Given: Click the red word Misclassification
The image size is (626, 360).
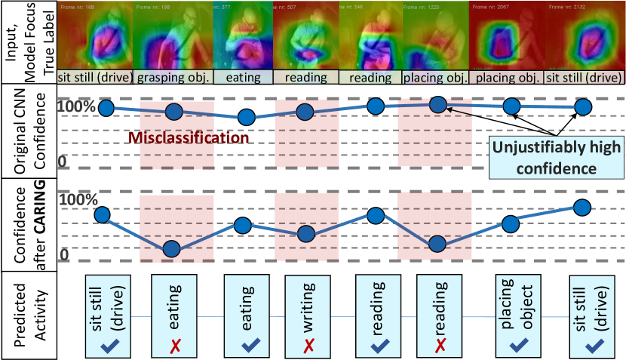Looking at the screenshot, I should (x=188, y=138).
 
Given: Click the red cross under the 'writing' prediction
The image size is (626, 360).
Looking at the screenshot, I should (x=308, y=343).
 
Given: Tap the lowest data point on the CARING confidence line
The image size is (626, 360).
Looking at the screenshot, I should (x=171, y=249).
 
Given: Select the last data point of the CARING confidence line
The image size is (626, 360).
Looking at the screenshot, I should (x=582, y=207).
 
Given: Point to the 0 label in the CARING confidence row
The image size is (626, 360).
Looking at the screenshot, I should (x=65, y=254).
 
